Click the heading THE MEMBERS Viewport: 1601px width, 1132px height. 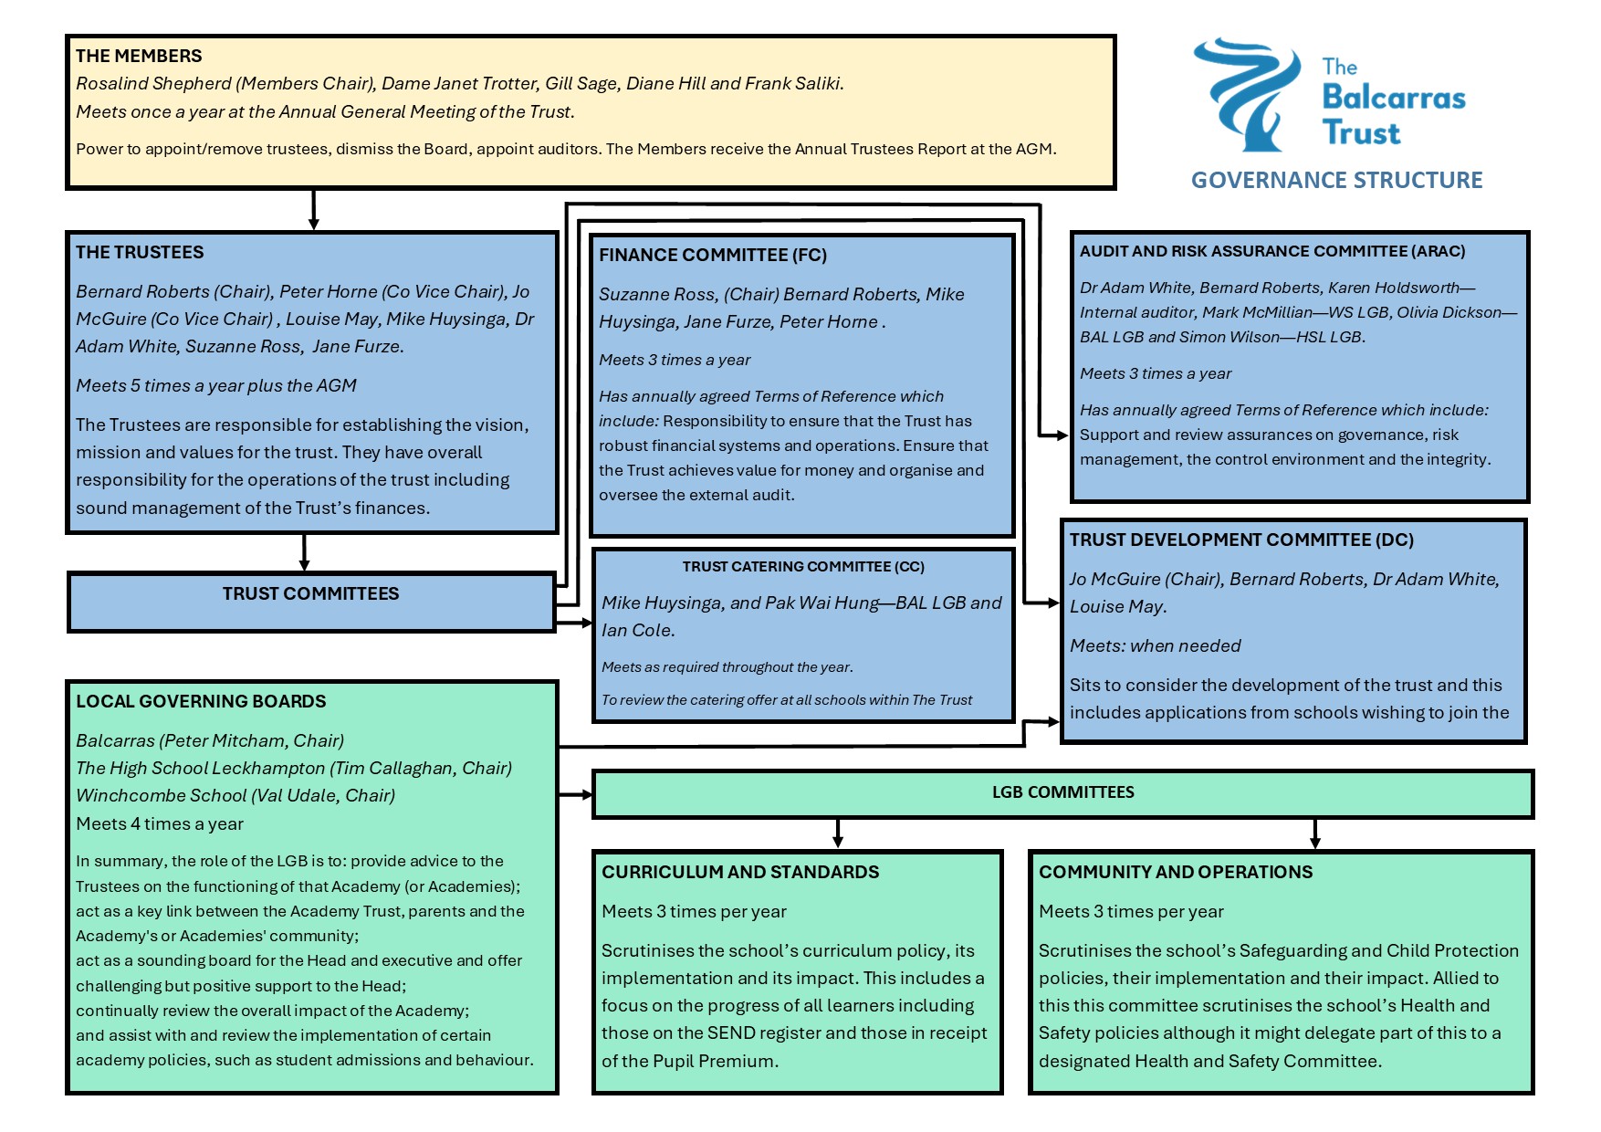coord(139,56)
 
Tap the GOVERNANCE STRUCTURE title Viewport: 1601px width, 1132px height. coord(1336,180)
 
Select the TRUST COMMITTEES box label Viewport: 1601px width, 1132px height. coord(310,593)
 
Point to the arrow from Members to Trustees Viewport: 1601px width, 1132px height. coord(313,210)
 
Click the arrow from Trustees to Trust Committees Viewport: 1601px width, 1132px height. coord(304,553)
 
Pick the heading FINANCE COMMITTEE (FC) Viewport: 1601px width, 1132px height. coord(712,255)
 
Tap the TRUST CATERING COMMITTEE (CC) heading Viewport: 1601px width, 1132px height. coord(803,566)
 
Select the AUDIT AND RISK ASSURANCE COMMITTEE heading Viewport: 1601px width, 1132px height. coord(1271,251)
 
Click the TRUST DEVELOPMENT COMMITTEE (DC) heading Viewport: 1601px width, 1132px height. coord(1241,540)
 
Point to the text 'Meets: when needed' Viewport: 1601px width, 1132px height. coord(1155,645)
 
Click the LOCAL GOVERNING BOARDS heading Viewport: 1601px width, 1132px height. coord(201,701)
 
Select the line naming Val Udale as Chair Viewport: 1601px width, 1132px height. coord(235,795)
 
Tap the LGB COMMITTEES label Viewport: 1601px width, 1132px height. coord(1062,791)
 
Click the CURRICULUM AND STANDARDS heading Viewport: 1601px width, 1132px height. coord(739,872)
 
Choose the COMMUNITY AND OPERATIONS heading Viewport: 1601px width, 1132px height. coord(1175,872)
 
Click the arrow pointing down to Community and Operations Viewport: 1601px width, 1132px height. coord(1314,833)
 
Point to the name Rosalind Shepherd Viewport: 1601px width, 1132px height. coord(153,83)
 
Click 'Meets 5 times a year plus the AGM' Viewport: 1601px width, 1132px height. coord(216,385)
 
